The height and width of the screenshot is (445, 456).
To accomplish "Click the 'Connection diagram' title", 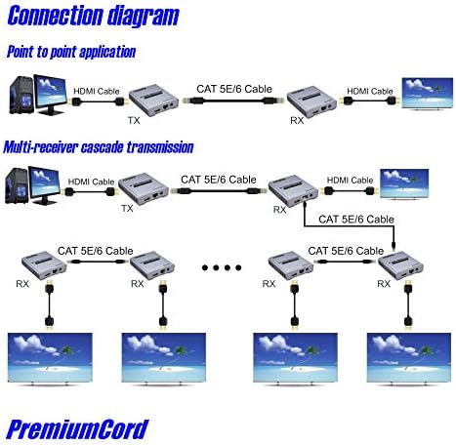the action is point(93,16).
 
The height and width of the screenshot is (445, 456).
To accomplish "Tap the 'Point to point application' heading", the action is point(71,52).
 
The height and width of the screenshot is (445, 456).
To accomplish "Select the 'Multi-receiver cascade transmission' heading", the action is point(99,147).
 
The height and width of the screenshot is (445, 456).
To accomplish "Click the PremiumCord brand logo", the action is point(77,429).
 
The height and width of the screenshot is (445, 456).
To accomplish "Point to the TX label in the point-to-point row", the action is point(134,121).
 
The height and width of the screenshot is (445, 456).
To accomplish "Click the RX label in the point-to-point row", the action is point(297,121).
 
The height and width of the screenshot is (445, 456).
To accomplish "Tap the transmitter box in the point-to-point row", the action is point(153,100).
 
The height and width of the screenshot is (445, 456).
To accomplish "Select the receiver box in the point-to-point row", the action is point(311,101).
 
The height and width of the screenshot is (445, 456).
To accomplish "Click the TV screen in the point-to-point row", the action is point(428,94).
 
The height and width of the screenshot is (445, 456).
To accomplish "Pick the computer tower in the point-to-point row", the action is point(21,95).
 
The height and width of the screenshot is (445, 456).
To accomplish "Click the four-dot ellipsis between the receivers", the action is point(222,267).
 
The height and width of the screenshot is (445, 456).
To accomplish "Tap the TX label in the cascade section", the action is point(127,209).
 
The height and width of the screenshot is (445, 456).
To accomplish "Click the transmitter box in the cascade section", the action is point(144,190).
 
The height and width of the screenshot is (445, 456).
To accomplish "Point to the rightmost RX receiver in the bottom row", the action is point(400,265).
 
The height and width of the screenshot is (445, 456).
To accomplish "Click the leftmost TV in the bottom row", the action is point(50,358).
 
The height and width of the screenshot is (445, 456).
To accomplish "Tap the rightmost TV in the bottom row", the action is point(409,358).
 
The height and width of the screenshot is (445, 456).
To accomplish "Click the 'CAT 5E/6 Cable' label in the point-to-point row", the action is point(234,89).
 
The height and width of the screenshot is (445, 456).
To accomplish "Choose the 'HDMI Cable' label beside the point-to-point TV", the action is point(370,92).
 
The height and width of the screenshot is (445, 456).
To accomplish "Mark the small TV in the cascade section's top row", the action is point(404,183).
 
